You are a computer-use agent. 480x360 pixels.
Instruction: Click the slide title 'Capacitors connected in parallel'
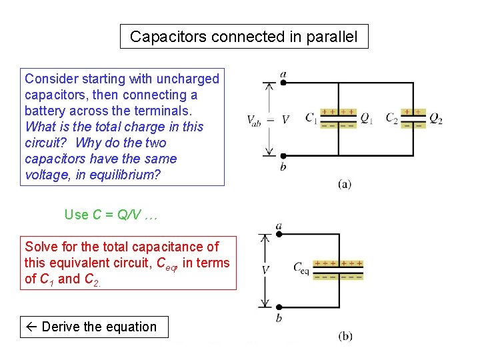point(243,37)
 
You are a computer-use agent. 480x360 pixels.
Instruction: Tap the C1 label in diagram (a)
point(311,118)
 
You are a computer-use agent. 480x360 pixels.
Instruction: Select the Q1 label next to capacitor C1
point(366,118)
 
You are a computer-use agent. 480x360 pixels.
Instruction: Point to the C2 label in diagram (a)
point(392,119)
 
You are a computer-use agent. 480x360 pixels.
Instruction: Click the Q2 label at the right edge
point(435,119)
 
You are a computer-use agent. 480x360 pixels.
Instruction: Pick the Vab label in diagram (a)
point(254,121)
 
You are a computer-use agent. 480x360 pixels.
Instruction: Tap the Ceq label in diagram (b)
point(301,267)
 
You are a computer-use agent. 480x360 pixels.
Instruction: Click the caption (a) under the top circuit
point(345,183)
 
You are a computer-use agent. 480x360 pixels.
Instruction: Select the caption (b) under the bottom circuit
point(345,336)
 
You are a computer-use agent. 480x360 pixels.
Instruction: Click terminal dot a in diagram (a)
point(284,83)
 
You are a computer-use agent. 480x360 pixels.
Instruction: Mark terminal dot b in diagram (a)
point(284,155)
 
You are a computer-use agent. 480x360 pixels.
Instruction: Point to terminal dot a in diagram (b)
point(279,235)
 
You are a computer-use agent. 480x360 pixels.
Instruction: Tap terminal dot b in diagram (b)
point(279,307)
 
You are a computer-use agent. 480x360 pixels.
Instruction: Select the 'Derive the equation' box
point(94,327)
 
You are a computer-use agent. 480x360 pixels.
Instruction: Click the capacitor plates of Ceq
point(338,269)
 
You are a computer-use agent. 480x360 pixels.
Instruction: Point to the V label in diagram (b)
point(265,270)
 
